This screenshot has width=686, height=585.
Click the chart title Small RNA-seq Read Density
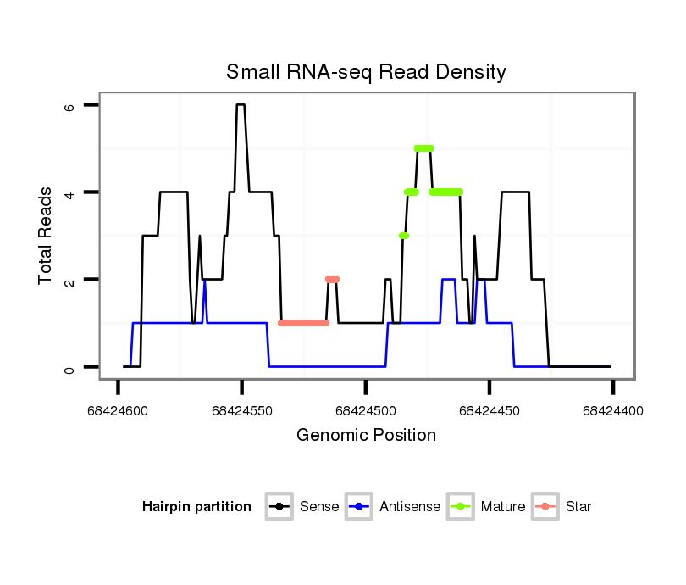click(x=366, y=72)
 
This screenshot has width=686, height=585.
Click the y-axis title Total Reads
click(x=46, y=236)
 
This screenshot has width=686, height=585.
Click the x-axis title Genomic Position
click(x=366, y=436)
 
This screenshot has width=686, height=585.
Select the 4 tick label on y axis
click(x=70, y=192)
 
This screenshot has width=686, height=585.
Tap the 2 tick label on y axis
click(x=70, y=280)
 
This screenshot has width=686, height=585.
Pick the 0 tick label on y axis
click(x=70, y=367)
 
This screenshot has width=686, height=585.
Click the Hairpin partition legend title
click(x=196, y=507)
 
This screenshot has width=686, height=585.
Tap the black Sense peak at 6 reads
click(x=241, y=105)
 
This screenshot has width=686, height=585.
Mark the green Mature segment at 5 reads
click(x=424, y=148)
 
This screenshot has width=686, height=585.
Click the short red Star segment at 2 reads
click(x=332, y=279)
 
